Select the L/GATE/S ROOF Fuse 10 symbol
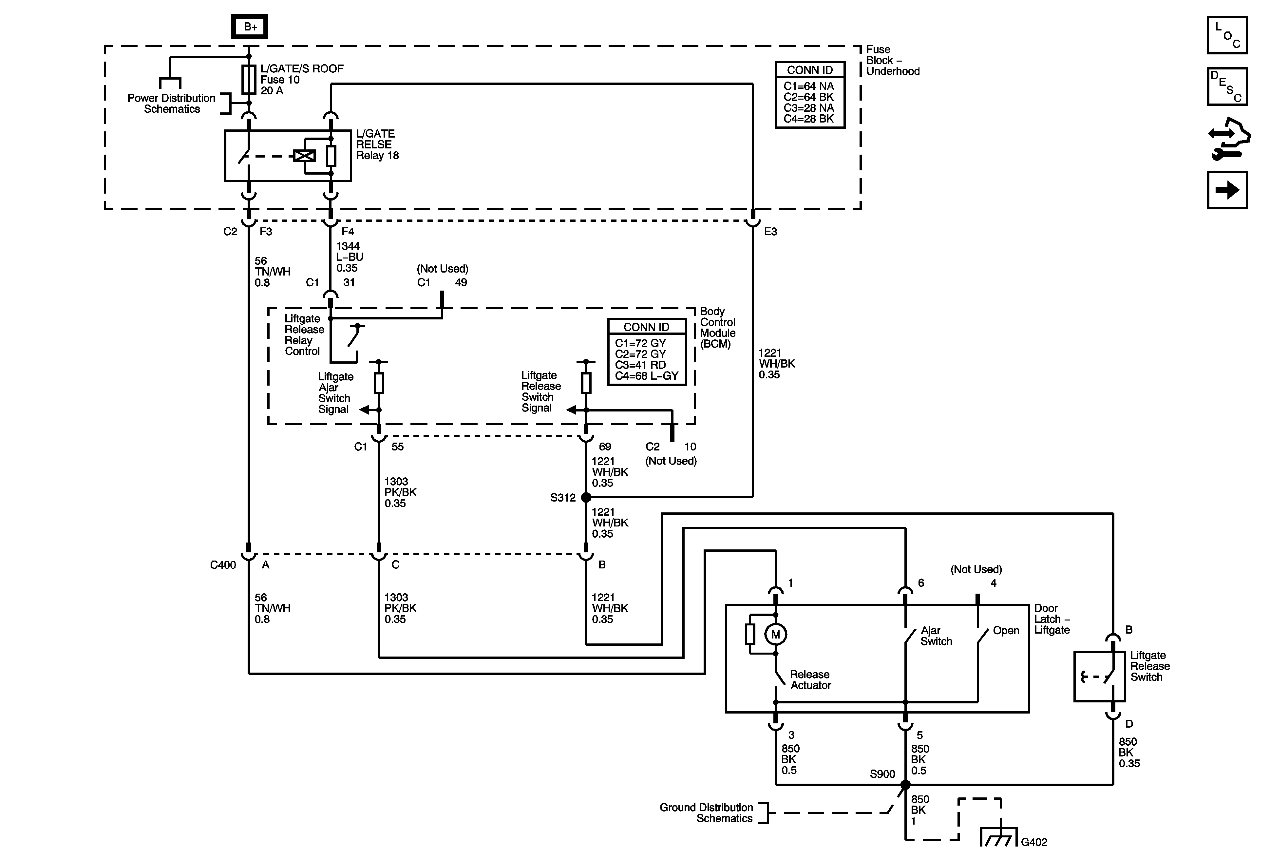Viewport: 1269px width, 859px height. point(249,80)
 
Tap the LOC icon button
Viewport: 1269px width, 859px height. point(1227,35)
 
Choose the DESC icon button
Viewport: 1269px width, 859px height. point(1227,86)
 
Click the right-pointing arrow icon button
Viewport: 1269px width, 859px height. point(1227,190)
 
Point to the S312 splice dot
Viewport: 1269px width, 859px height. point(586,498)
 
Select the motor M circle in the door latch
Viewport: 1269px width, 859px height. point(775,635)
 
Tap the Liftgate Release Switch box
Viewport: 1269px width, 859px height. point(1099,676)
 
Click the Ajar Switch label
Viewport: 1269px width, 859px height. point(936,636)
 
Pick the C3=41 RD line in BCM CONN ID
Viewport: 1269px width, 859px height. point(640,365)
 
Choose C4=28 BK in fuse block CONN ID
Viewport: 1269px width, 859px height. point(809,119)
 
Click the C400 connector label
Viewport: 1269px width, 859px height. point(223,565)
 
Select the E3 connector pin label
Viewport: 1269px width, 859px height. point(770,232)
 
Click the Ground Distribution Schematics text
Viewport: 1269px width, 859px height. point(706,812)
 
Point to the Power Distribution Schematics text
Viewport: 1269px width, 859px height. point(171,103)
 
